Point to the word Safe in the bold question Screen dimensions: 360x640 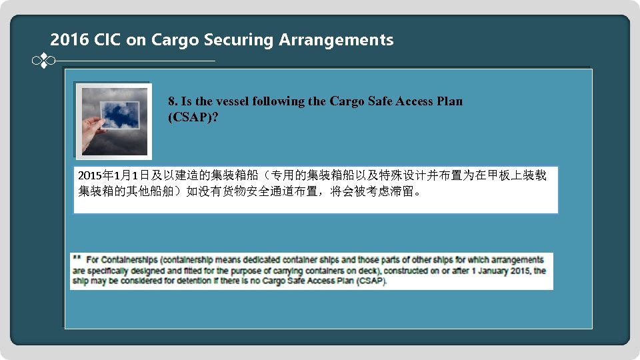point(380,102)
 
